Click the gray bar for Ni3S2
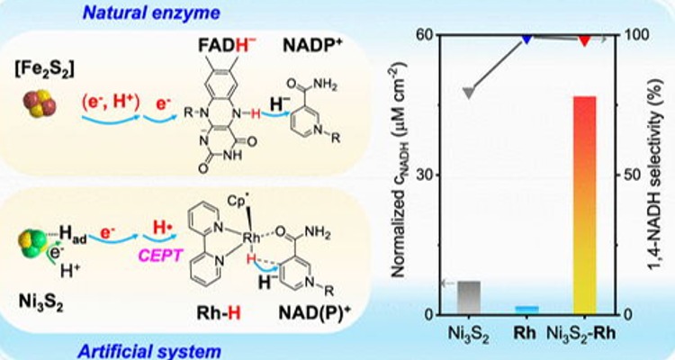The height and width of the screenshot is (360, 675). tap(469, 297)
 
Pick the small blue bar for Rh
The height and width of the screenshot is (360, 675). tap(526, 310)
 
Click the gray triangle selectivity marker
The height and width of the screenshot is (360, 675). tap(469, 93)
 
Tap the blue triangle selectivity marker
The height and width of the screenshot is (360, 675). tap(526, 40)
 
